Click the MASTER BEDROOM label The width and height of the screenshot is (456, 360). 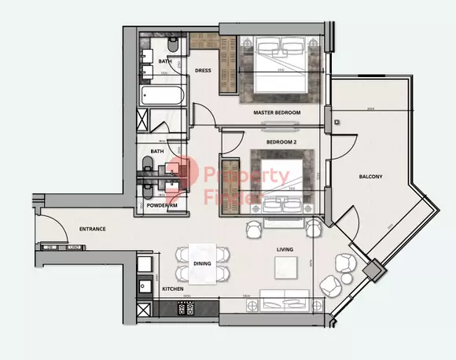[277, 113]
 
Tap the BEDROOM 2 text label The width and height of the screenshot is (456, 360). [281, 142]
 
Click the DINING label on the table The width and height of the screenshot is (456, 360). [202, 264]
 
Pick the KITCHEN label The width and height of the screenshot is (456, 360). [173, 290]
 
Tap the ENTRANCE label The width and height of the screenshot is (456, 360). [93, 230]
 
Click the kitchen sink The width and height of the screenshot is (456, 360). [145, 287]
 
